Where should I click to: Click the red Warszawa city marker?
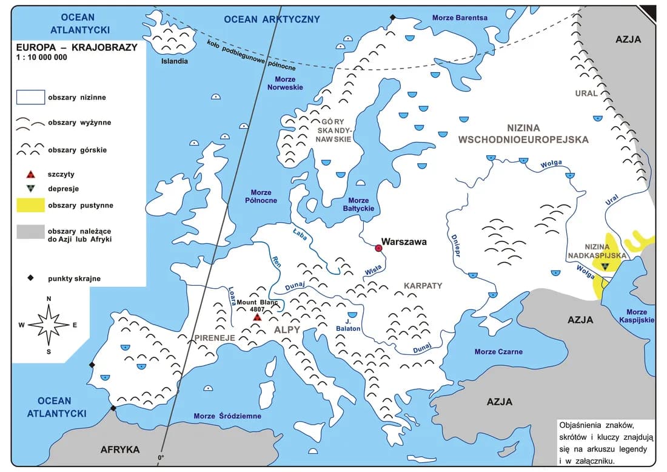coord(379,248)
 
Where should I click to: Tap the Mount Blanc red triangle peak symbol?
coord(257,317)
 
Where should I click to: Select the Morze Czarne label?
coord(498,352)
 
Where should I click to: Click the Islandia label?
coord(174,61)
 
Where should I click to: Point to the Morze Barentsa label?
coord(460,18)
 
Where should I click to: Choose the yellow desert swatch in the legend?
coord(30,205)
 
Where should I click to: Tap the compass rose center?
coord(49,325)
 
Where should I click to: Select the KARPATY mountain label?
coord(423,285)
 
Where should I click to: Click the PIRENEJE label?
coord(214,337)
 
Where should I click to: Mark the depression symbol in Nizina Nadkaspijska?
coord(605,266)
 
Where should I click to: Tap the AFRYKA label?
coord(120,450)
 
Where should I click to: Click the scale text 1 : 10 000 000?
coord(42,58)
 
